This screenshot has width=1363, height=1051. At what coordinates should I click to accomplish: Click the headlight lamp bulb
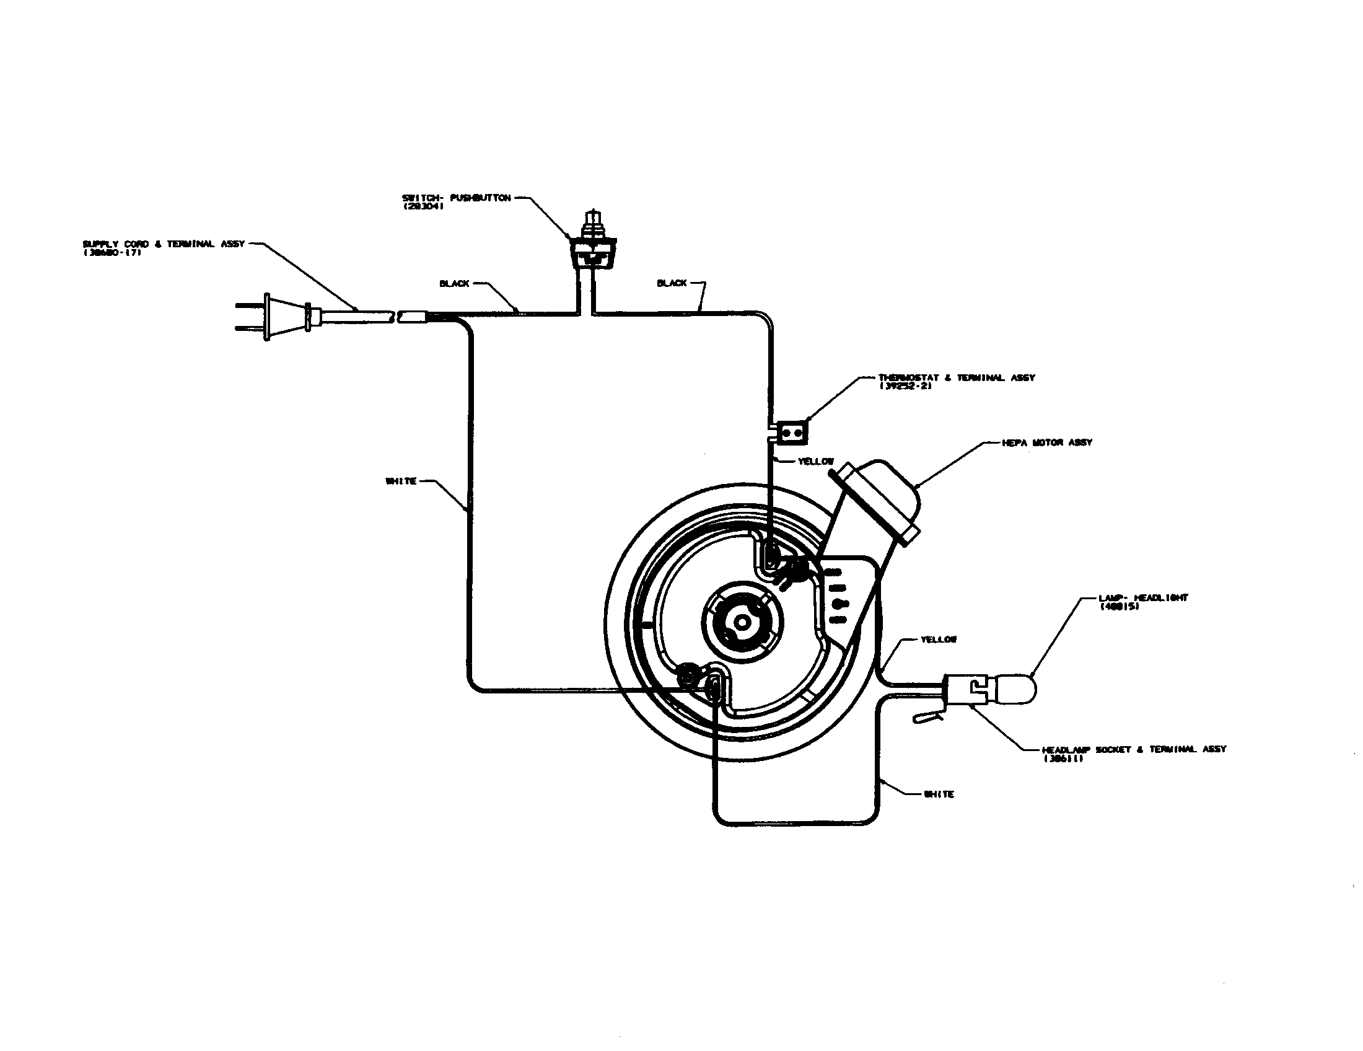coord(1014,688)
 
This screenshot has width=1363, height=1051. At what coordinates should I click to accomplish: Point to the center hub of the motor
coord(742,622)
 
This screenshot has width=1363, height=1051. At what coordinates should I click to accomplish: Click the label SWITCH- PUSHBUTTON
coord(457,198)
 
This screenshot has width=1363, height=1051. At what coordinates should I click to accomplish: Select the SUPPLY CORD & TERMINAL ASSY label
coord(164,244)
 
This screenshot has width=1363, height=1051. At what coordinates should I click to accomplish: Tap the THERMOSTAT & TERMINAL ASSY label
coord(956,377)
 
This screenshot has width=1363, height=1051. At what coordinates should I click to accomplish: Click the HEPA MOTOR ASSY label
coord(1046,442)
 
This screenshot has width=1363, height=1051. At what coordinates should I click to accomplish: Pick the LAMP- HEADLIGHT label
coord(1142,598)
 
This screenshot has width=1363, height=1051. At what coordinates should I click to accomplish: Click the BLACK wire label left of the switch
coord(454,284)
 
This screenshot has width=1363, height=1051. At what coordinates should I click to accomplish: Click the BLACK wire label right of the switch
coord(672,283)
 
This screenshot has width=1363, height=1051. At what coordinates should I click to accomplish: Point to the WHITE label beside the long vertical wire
coord(401,481)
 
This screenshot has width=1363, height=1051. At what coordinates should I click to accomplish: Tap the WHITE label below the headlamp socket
coord(939,794)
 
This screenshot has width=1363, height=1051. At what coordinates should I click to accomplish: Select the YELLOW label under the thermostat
coord(816,462)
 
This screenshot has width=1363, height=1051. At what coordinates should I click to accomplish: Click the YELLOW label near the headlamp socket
coord(939,640)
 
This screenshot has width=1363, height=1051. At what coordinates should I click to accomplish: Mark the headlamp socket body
coord(964,690)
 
